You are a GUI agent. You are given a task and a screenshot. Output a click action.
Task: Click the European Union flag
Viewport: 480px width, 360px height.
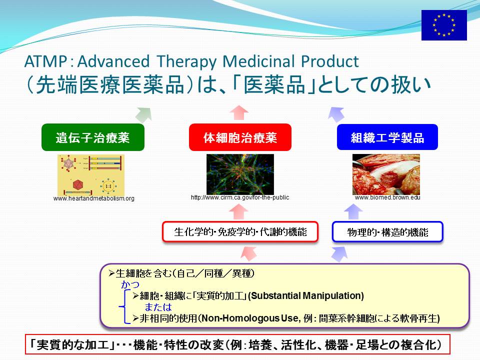[x=444, y=25]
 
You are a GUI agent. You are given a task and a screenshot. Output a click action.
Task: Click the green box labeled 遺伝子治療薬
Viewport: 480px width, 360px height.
[x=93, y=137]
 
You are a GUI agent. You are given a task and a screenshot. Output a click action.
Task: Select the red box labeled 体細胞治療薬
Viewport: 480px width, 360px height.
[x=240, y=137]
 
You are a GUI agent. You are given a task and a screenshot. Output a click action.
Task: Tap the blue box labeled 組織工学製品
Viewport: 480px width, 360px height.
[x=387, y=137]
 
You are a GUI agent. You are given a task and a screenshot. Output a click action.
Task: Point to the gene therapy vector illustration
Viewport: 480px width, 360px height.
[x=91, y=175]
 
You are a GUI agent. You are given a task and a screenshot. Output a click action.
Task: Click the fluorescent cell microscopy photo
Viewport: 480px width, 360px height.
[x=240, y=174]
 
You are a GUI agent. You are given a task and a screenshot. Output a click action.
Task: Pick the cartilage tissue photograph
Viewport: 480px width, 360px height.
[x=386, y=174]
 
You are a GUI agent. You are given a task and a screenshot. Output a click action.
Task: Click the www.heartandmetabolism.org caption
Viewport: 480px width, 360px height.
[x=93, y=198]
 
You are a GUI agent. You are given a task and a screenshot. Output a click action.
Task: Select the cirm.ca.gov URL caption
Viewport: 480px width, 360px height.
[x=240, y=197]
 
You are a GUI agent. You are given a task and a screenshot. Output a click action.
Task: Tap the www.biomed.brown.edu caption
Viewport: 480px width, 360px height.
[x=387, y=197]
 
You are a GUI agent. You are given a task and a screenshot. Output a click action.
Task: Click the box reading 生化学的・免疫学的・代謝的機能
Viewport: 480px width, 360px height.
[x=240, y=231]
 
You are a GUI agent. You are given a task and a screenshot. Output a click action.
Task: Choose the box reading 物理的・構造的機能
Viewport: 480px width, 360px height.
[x=387, y=231]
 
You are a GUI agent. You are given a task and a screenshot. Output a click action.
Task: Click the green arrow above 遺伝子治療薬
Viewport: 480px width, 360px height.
[x=144, y=114]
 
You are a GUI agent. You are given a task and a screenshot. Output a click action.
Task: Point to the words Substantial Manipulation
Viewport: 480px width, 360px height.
[x=306, y=295]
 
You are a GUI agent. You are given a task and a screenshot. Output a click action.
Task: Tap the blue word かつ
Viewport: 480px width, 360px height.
[x=130, y=284]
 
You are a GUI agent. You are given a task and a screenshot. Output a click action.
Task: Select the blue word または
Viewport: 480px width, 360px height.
[x=158, y=307]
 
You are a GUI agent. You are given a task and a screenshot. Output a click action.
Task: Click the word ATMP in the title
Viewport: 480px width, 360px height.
[x=45, y=61]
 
